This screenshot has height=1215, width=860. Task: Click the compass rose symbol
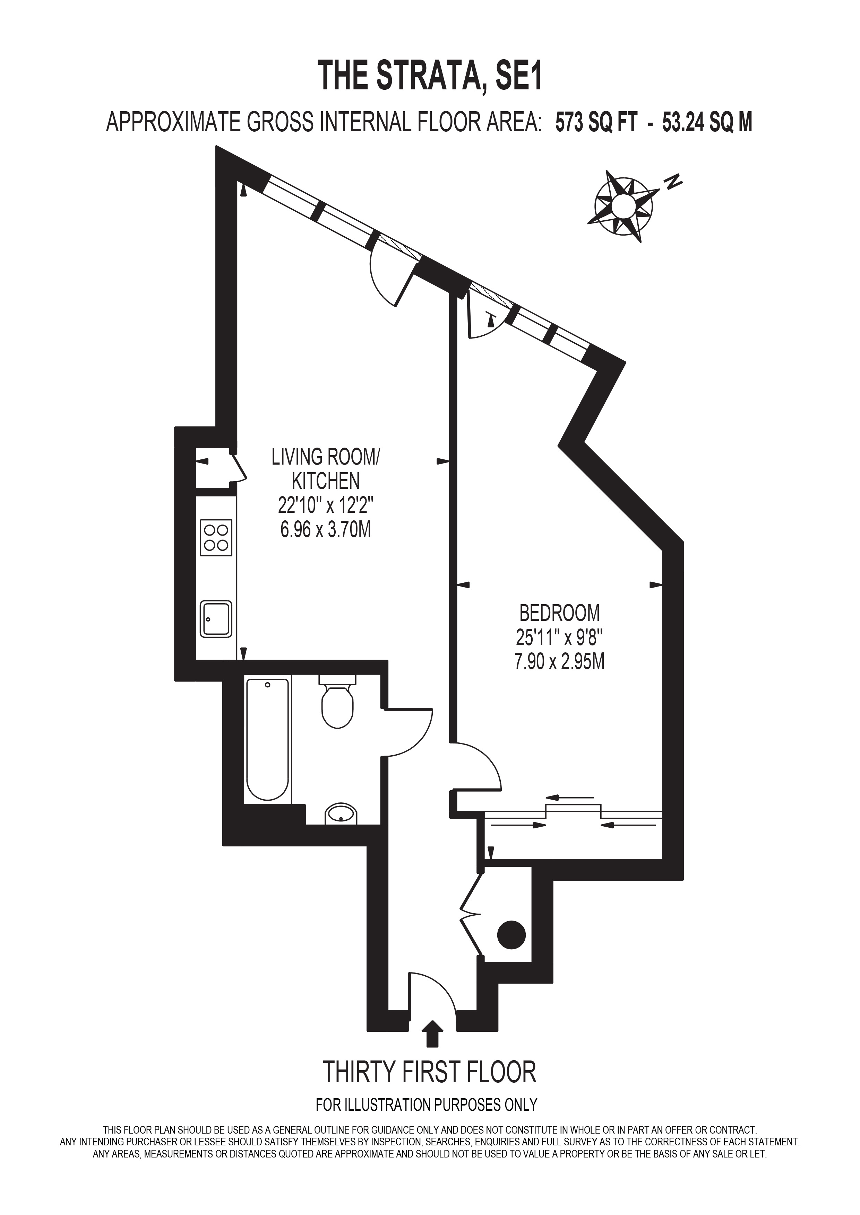click(x=623, y=204)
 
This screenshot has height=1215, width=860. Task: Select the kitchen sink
click(x=216, y=619)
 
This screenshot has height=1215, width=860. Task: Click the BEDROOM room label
click(x=560, y=613)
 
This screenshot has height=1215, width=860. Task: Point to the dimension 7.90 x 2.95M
click(x=560, y=662)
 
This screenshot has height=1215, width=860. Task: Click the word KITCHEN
click(x=325, y=481)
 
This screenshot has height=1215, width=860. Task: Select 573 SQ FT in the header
click(x=594, y=123)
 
